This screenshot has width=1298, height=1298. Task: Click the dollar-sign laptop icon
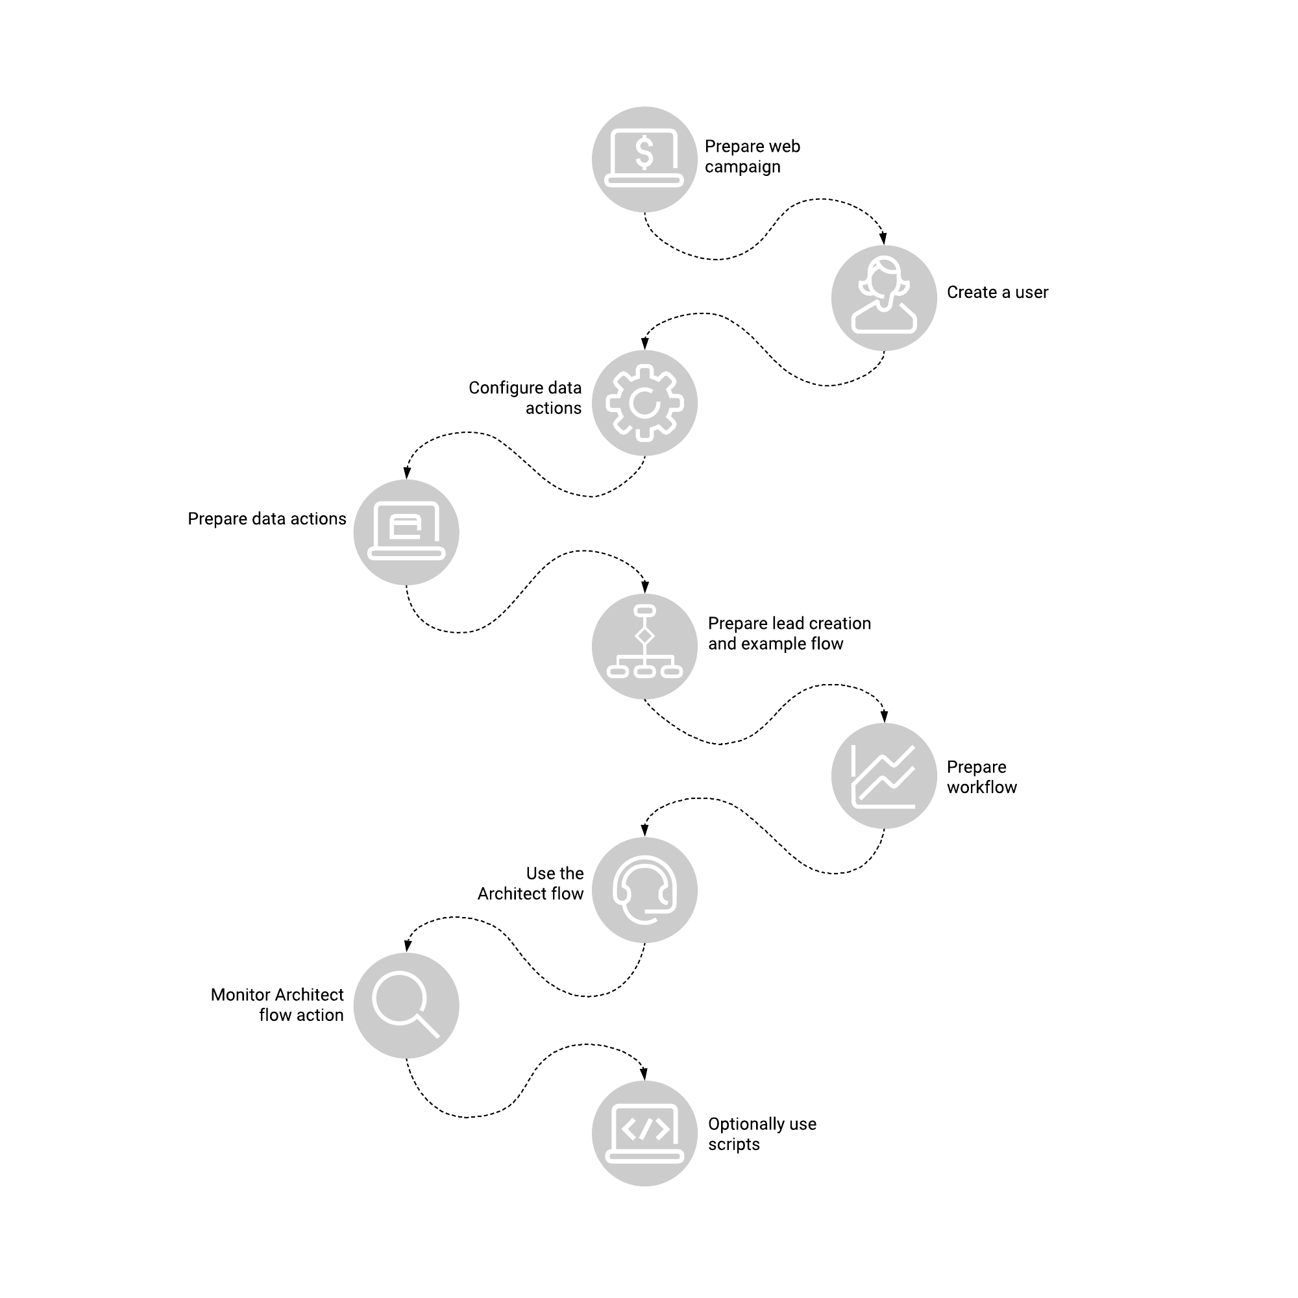click(644, 159)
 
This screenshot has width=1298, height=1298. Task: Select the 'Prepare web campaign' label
click(752, 156)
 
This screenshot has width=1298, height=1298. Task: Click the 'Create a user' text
click(998, 292)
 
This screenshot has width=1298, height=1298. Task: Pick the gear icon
click(644, 403)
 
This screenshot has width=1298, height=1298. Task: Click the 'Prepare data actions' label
click(267, 519)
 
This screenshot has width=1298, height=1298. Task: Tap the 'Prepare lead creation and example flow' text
click(789, 633)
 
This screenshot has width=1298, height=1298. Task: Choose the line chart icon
click(884, 776)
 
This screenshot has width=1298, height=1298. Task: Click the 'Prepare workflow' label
click(981, 778)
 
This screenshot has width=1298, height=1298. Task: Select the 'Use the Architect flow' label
click(531, 883)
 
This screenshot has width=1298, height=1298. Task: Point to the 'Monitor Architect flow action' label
click(277, 1005)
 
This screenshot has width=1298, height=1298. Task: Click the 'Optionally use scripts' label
click(762, 1134)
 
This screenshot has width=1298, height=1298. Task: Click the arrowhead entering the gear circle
click(645, 344)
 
